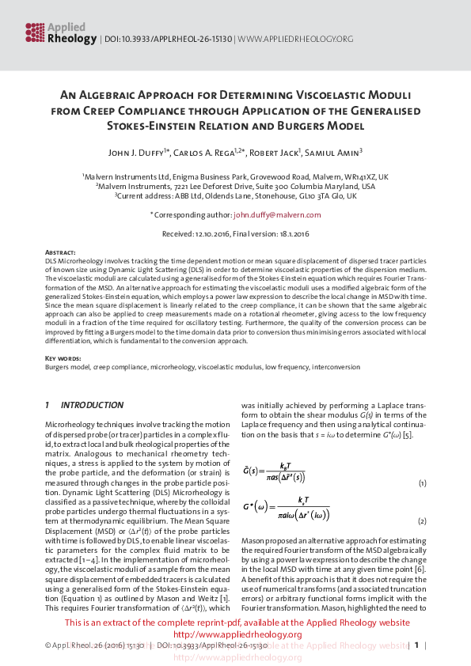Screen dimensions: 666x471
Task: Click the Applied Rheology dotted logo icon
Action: [x=33, y=32]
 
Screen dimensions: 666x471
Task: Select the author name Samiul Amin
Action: [x=336, y=152]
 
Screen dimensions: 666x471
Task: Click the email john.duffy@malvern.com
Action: [x=277, y=214]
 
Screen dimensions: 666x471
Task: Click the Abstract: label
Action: [x=61, y=252]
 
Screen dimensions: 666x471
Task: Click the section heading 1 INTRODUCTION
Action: [x=84, y=405]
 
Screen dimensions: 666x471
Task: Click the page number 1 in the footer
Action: [x=416, y=645]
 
